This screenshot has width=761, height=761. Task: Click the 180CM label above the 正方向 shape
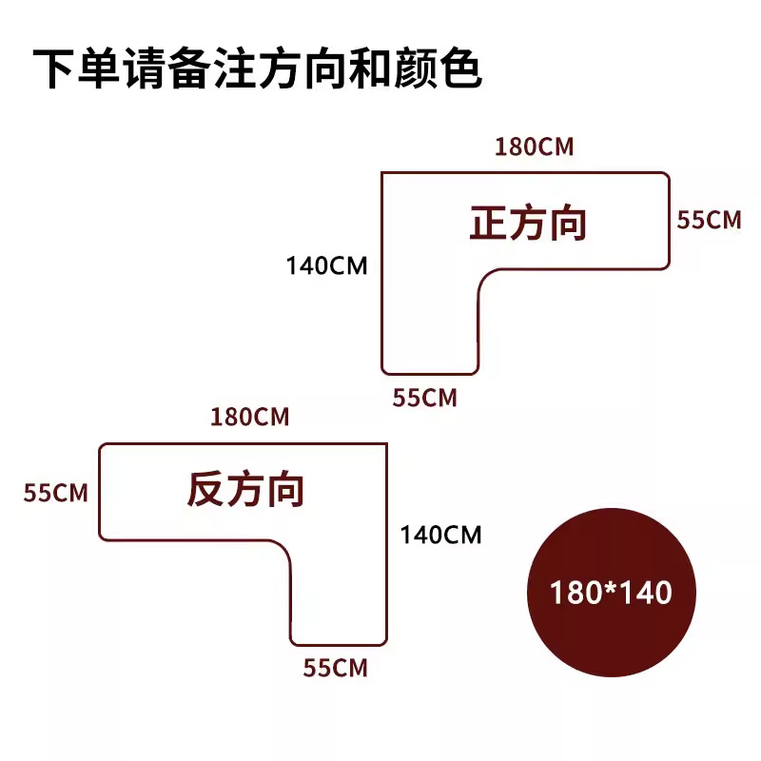535,147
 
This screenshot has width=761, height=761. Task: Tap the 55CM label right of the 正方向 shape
709,220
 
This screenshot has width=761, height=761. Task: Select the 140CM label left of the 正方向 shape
326,265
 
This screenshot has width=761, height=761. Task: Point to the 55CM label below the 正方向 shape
425,398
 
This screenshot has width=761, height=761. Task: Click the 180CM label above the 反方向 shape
250,417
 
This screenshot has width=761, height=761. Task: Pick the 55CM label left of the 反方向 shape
56,493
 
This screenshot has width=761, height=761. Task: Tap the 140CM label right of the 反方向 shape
440,535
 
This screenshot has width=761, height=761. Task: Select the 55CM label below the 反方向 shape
335,668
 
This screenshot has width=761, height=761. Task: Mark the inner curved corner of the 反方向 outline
283,550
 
